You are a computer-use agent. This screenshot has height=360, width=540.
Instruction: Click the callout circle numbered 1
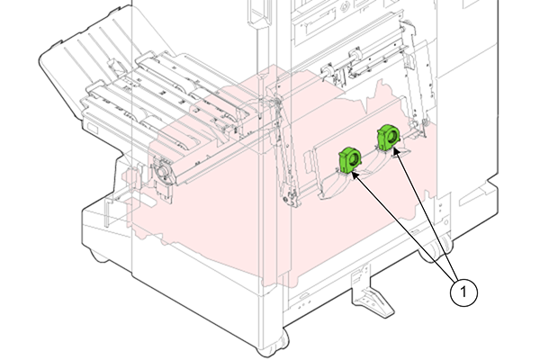tap(463, 292)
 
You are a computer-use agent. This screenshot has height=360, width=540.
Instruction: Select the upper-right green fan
tap(388, 138)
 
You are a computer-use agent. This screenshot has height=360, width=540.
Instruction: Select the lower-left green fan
tap(349, 159)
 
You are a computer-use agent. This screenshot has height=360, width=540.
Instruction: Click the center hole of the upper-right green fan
tap(391, 137)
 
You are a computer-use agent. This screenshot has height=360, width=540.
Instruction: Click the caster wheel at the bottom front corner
tap(272, 346)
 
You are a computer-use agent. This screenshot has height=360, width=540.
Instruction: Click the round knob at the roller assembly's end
tap(162, 171)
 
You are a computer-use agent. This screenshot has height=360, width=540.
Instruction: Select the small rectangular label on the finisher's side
tap(93, 128)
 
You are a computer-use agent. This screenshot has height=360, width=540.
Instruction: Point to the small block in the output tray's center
tap(112, 65)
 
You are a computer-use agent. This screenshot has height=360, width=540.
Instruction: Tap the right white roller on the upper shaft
tap(355, 54)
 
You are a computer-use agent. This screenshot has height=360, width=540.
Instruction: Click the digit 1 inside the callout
tap(463, 292)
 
